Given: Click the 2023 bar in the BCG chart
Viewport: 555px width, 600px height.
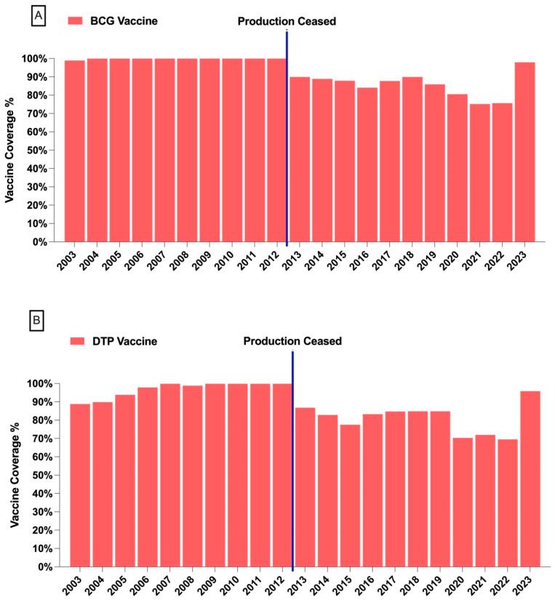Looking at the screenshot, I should pos(524,152).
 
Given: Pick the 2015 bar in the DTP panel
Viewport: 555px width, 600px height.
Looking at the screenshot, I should pos(351,495).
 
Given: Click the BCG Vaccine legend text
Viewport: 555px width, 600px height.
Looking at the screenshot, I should pos(123,21).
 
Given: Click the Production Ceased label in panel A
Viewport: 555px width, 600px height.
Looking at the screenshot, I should pos(287,21).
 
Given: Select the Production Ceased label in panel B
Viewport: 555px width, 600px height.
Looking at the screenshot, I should pos(292,340).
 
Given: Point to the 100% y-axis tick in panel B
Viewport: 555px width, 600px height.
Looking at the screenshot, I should pos(41,383).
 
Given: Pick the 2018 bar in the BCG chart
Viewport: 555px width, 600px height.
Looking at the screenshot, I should pos(412,159).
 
